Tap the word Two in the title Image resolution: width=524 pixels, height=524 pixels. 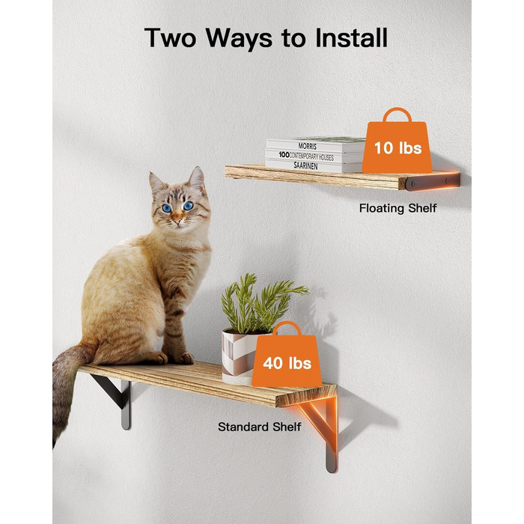pyautogui.click(x=170, y=37)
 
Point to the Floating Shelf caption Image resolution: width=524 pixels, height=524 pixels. pyautogui.click(x=397, y=208)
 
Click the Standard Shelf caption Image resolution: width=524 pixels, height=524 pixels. pyautogui.click(x=259, y=427)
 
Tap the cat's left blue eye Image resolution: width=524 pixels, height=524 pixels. pyautogui.click(x=167, y=208)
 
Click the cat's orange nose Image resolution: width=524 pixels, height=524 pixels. pyautogui.click(x=177, y=221)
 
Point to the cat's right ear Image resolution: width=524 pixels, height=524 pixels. pyautogui.click(x=197, y=177)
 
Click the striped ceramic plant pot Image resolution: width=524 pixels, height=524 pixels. pyautogui.click(x=240, y=356)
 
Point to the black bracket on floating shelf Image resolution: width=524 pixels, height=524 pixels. pyautogui.click(x=433, y=182)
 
